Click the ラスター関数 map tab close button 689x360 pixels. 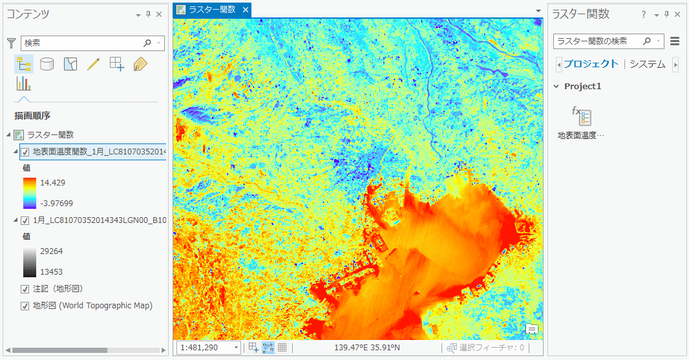(245, 10)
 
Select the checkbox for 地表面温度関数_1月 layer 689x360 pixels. (25, 152)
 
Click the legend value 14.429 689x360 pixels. (52, 183)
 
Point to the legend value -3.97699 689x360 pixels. (56, 204)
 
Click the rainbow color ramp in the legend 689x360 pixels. (30, 193)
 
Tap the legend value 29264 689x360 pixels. (51, 251)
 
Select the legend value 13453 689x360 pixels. (51, 272)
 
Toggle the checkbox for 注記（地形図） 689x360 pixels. (25, 289)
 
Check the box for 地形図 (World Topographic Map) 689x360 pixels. (25, 306)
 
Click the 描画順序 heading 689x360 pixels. (32, 116)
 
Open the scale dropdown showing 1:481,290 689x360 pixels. (236, 348)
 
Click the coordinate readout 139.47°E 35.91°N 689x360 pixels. (366, 348)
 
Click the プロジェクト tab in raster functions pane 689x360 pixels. (591, 64)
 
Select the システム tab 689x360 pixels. (647, 64)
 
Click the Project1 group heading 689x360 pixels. (582, 86)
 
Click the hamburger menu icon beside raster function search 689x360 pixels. (675, 41)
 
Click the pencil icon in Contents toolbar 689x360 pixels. (93, 64)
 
